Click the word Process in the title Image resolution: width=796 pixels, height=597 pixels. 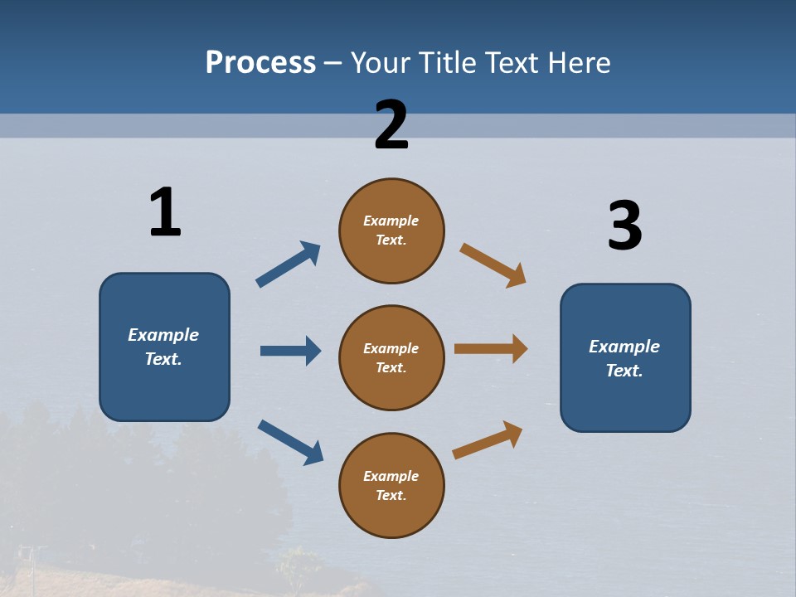coord(260,63)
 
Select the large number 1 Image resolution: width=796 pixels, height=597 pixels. coord(165,213)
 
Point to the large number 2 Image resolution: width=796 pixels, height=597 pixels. coord(391,125)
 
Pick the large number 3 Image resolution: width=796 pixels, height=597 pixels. coord(624,226)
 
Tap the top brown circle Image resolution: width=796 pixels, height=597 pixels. coord(391,231)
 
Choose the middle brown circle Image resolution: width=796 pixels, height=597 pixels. coord(391,358)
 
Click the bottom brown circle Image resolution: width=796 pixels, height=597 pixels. coord(391,486)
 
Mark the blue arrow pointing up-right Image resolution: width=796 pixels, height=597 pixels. coord(289,265)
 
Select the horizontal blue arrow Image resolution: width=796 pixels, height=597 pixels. coord(290,351)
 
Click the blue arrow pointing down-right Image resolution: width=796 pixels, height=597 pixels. coord(290,442)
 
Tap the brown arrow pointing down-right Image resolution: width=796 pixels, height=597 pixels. coord(493,265)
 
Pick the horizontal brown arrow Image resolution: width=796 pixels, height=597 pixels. coord(491,349)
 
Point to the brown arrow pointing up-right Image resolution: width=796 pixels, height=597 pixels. coord(488,440)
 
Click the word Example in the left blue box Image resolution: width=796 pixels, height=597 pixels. coord(163,335)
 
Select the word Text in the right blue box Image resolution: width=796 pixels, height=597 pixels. coord(624,371)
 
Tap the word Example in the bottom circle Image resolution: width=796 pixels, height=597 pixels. coord(391,476)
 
